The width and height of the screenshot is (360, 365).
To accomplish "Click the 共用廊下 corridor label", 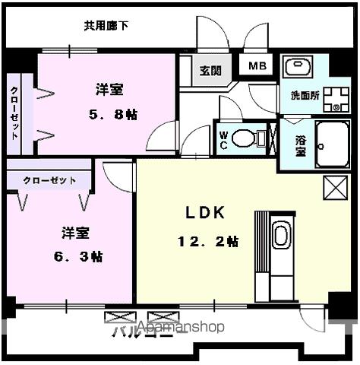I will (x=106, y=26).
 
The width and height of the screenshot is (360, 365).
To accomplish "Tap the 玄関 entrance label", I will (x=210, y=71).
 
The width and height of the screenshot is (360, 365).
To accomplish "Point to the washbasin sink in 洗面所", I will (x=304, y=67).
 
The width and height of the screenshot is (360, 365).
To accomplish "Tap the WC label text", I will (x=224, y=138).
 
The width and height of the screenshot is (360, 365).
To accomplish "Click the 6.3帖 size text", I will (x=81, y=255).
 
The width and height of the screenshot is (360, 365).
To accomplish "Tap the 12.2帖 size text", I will (x=208, y=242).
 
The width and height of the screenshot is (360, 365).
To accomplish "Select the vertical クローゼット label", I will (x=14, y=114).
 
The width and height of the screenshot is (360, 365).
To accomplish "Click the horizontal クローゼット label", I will (x=49, y=180).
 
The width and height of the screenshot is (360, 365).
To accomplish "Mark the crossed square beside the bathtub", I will (x=333, y=187).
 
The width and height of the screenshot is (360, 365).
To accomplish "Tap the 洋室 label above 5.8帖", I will (x=109, y=89).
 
